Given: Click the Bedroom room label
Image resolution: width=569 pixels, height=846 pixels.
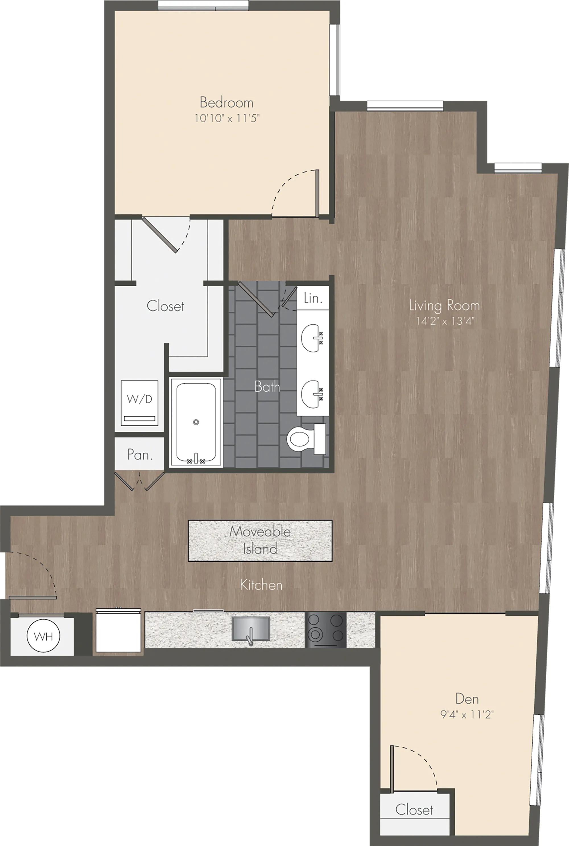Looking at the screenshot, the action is click(226, 103).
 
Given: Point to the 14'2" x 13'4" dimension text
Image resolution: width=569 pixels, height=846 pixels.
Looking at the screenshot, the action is click(445, 321).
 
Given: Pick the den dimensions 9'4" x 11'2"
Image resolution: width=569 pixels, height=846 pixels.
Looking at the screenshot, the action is click(467, 714).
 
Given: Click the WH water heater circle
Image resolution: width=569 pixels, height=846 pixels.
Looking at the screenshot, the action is click(43, 636).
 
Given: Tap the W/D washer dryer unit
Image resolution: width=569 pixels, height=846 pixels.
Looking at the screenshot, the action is click(139, 403).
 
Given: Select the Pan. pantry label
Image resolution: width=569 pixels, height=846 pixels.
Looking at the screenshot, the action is click(140, 454).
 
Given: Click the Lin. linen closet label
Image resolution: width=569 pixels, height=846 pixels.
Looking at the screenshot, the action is click(313, 298).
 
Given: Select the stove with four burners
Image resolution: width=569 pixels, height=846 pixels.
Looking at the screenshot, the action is click(325, 630).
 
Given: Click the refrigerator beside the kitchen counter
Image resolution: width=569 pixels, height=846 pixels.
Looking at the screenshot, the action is click(118, 631).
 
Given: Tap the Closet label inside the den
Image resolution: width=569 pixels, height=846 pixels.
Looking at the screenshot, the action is click(414, 809).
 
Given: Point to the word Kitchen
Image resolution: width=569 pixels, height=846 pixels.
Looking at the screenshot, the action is click(261, 585).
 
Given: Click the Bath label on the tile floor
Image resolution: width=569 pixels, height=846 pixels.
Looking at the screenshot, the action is click(267, 386).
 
